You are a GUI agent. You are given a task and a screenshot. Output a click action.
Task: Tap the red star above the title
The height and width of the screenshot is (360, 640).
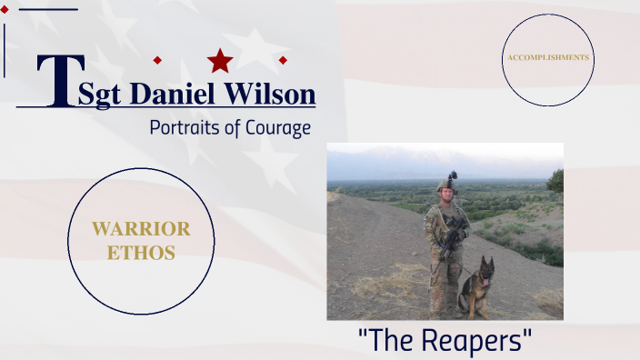coord(220,61)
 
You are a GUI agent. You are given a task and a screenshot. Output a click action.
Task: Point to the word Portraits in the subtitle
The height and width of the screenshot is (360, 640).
coord(185,127)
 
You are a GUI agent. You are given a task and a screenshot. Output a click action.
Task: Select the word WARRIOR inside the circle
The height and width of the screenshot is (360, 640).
coord(141,229)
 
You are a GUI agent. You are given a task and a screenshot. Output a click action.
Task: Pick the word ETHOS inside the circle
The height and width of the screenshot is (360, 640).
coord(141,253)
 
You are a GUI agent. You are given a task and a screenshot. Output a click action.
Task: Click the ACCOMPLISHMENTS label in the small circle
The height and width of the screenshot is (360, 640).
coord(548,57)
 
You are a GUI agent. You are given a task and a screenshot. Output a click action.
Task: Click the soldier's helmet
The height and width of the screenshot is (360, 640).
coord(446,185)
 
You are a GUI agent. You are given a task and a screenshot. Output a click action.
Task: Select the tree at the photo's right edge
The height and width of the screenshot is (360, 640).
coord(555,181)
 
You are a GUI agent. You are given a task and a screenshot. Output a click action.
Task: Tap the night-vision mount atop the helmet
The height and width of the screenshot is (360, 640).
coord(452,175)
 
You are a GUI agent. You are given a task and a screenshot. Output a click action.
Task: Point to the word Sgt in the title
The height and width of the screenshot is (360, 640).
coord(99,95)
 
